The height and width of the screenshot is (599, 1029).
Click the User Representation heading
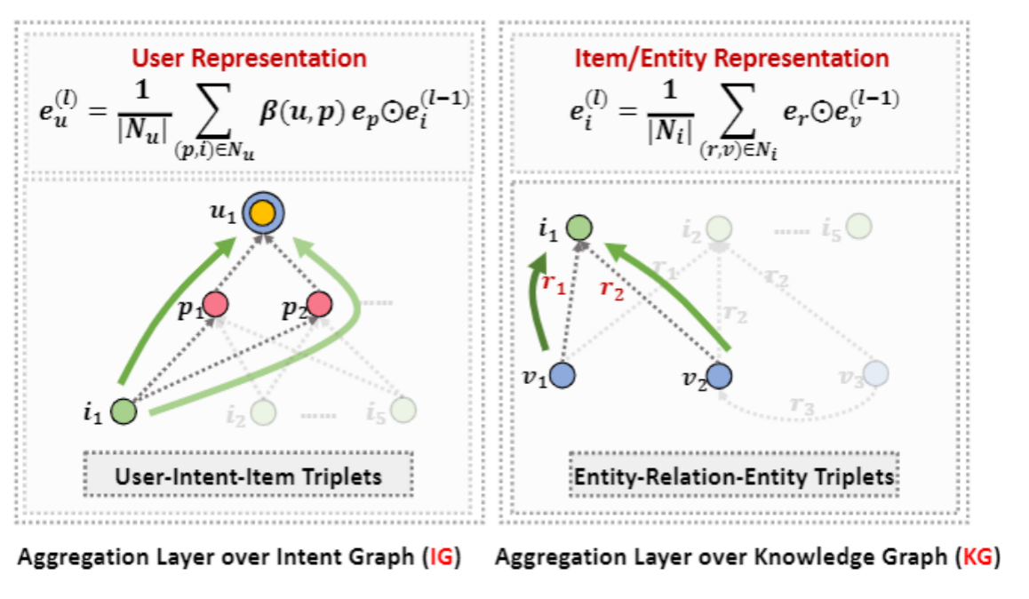tap(249, 59)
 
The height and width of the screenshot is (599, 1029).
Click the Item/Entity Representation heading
tap(731, 59)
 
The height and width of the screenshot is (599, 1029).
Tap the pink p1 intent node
tap(216, 304)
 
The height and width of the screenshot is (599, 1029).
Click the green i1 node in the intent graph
tap(124, 411)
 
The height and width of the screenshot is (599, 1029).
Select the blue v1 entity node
tap(562, 376)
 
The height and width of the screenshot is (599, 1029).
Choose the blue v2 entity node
tap(720, 376)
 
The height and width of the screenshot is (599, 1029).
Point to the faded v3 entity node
tap(876, 374)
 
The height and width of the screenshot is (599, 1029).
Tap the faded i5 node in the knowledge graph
tap(858, 227)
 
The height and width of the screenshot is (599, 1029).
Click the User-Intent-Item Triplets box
tap(249, 476)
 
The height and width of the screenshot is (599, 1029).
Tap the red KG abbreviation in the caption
tap(977, 558)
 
